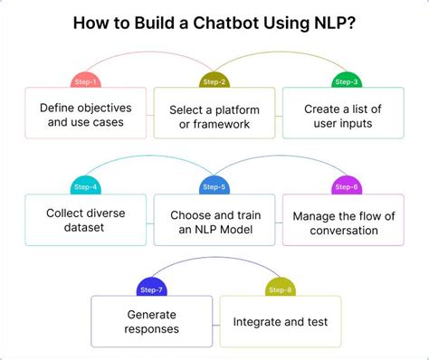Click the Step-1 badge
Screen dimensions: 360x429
pos(85,81)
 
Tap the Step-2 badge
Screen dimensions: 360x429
pos(214,81)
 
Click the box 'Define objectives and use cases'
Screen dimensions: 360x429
pos(85,115)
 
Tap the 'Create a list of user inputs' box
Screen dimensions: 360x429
pos(345,116)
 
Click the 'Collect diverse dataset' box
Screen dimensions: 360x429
pos(85,221)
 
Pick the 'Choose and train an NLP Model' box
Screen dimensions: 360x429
pos(214,222)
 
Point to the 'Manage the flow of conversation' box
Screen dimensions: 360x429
pos(345,222)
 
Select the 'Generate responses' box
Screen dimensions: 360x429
pos(150,322)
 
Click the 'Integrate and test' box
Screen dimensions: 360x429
pos(280,321)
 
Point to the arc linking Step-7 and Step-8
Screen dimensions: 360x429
pos(214,261)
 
